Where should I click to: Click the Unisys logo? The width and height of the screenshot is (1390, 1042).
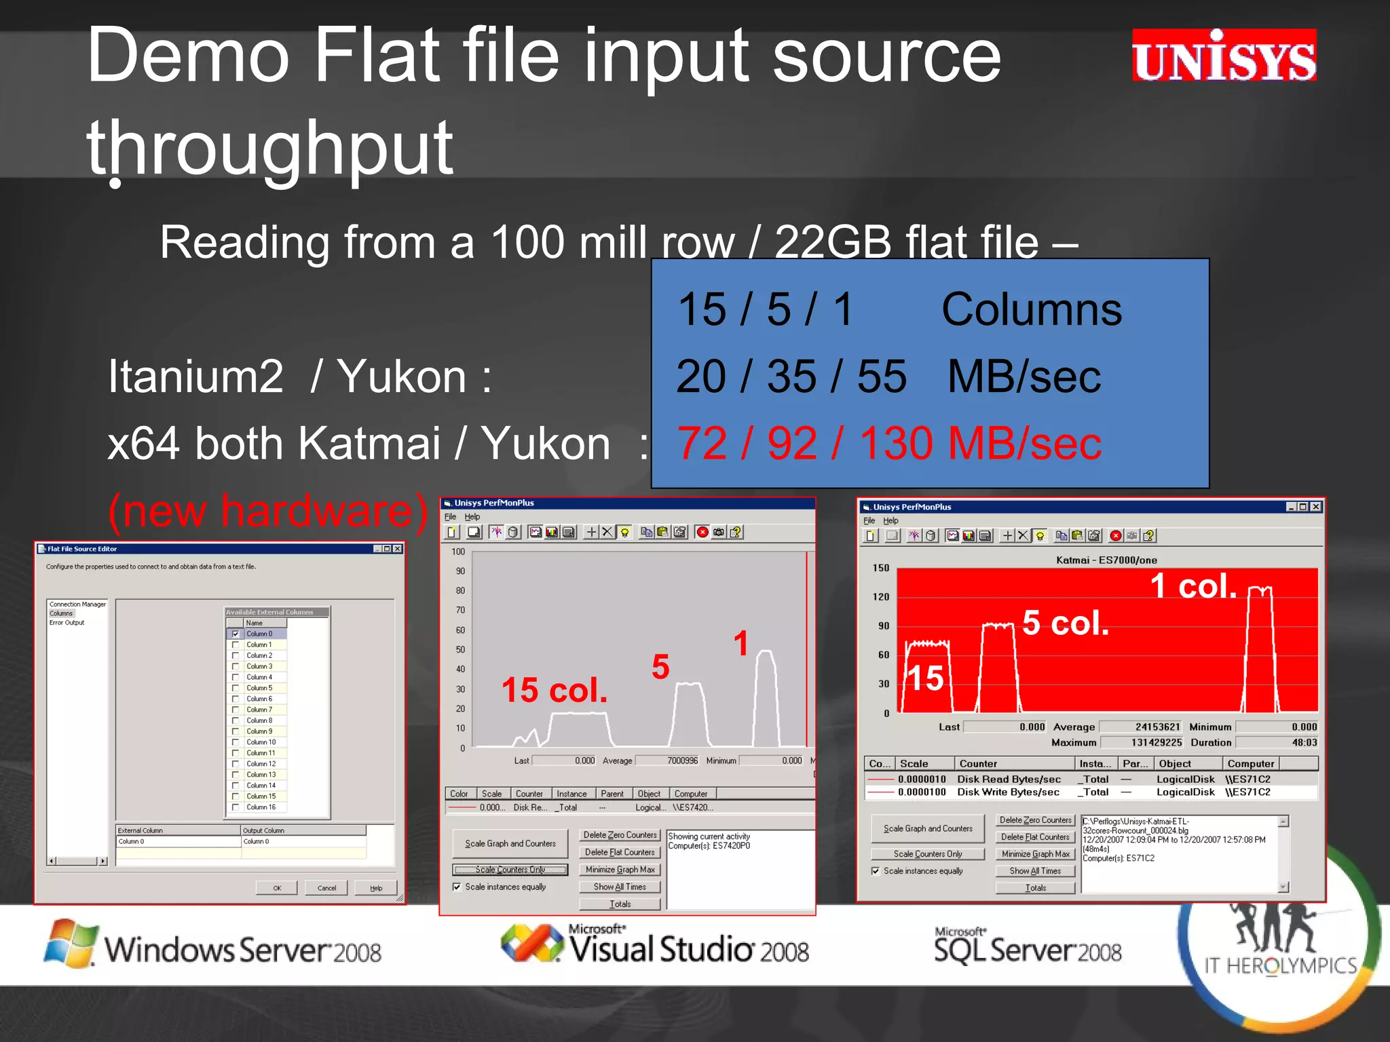pyautogui.click(x=1224, y=56)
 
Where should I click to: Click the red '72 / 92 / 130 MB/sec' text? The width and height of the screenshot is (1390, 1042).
pyautogui.click(x=889, y=444)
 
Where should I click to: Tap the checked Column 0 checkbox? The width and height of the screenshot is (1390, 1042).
pyautogui.click(x=236, y=634)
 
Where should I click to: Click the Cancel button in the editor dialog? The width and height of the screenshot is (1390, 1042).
pyautogui.click(x=326, y=888)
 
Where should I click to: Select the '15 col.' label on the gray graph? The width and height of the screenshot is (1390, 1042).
pyautogui.click(x=555, y=691)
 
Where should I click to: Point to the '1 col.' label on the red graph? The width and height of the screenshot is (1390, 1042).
pyautogui.click(x=1194, y=586)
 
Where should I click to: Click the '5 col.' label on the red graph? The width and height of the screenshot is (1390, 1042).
pyautogui.click(x=1066, y=623)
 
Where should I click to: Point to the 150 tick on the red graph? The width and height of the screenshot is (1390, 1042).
pyautogui.click(x=881, y=568)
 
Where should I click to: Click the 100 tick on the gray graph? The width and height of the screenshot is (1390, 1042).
pyautogui.click(x=458, y=552)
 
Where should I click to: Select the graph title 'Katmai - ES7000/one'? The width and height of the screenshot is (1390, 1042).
pyautogui.click(x=1106, y=560)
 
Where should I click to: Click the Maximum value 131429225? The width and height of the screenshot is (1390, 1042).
pyautogui.click(x=1156, y=742)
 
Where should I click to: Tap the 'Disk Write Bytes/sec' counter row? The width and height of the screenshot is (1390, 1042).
pyautogui.click(x=1008, y=792)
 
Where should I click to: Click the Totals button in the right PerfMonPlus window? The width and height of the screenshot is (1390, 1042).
pyautogui.click(x=1035, y=887)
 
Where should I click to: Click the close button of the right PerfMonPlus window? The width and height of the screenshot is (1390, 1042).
pyautogui.click(x=1315, y=507)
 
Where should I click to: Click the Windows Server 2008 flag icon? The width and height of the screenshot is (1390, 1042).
pyautogui.click(x=71, y=943)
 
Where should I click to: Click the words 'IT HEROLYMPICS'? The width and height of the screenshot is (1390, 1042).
pyautogui.click(x=1280, y=965)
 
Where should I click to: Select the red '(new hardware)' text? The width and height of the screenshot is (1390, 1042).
pyautogui.click(x=267, y=511)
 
